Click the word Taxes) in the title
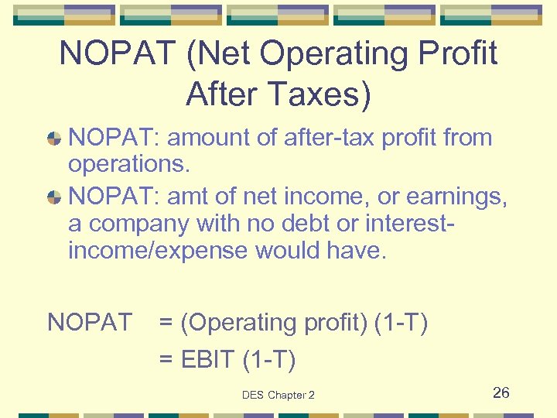318,94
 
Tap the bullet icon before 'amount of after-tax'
54,139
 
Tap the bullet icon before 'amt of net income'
54,197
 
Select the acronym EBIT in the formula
207,360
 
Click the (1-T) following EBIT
269,360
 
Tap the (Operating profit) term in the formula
274,323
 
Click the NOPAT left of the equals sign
90,323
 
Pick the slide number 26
501,392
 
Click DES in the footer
253,395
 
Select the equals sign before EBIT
166,360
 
